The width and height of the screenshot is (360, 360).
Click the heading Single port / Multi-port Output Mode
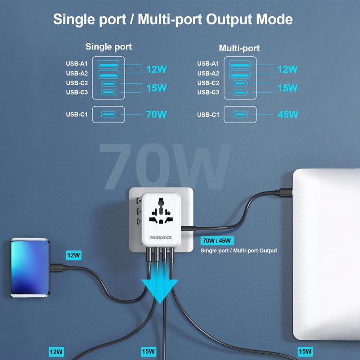(173, 19)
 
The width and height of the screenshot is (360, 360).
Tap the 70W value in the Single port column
(156, 114)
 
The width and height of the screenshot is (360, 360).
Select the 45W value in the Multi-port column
(288, 114)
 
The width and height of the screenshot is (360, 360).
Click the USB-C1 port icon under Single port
(108, 114)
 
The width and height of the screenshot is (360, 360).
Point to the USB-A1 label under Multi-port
(208, 64)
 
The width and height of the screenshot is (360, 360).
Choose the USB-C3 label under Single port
(77, 92)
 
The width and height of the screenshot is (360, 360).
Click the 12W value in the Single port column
(156, 69)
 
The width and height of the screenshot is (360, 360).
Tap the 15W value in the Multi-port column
(288, 88)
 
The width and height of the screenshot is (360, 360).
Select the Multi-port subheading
(239, 48)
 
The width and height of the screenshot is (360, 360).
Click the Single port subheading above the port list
(108, 47)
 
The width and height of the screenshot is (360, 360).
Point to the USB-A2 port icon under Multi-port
(239, 73)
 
